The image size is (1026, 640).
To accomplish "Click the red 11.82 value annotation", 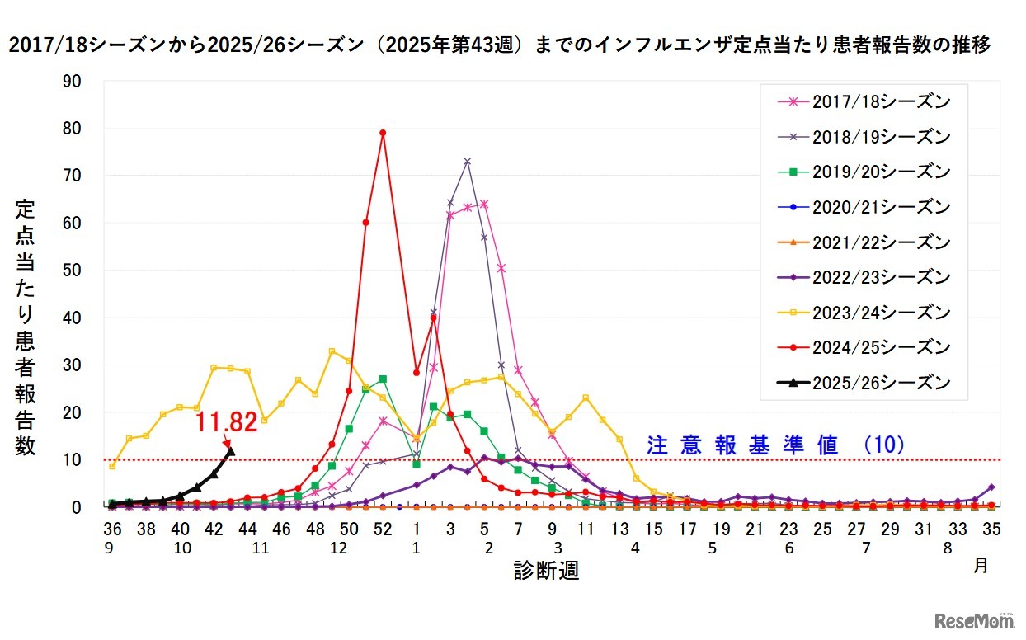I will point(225,422).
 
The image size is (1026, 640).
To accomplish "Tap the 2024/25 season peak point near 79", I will point(383,133).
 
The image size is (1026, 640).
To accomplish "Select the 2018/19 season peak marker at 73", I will point(467,161).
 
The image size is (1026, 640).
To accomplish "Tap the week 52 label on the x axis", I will point(383,529).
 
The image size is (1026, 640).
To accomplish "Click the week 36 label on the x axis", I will point(111,529).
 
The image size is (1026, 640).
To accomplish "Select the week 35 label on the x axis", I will point(991,529).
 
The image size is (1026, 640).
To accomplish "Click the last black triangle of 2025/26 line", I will point(230,451).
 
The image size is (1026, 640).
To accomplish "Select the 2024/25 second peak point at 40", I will point(433,318).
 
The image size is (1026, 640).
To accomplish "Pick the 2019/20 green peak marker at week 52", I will point(383,379).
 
